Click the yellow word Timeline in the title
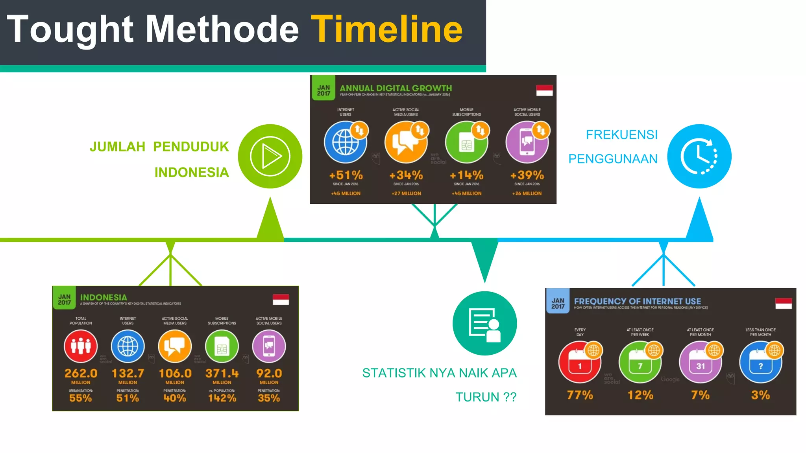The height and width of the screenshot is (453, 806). click(387, 29)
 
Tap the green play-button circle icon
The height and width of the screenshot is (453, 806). click(270, 156)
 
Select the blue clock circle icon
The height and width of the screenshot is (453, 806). click(699, 156)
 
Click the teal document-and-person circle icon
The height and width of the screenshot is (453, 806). click(484, 323)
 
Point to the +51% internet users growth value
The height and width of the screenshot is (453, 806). click(346, 175)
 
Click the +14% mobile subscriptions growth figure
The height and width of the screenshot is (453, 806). click(467, 175)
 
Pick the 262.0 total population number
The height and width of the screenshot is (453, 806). click(81, 373)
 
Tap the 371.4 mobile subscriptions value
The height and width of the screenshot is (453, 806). click(222, 373)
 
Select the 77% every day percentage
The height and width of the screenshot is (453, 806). click(580, 395)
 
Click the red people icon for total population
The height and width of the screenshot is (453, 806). click(81, 346)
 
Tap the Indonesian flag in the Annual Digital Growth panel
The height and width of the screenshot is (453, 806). click(544, 90)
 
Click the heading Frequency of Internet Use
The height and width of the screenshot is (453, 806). click(638, 301)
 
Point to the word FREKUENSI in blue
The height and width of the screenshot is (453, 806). click(621, 135)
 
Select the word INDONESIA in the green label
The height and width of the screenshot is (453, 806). click(192, 172)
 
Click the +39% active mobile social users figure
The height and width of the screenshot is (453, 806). click(527, 175)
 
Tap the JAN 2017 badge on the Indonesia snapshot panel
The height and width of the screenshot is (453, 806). click(65, 300)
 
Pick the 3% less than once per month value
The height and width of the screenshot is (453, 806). click(760, 395)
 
